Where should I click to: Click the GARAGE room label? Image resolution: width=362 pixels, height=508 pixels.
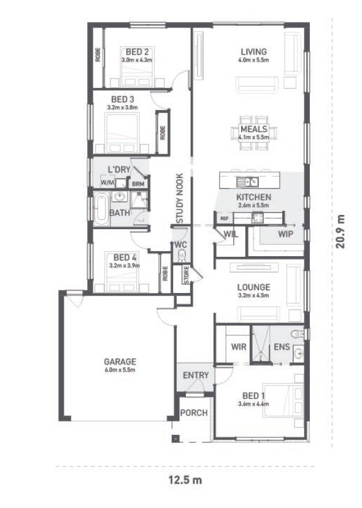(120, 361)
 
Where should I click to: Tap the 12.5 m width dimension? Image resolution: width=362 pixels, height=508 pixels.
(185, 480)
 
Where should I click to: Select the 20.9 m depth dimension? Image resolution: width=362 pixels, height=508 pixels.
(340, 232)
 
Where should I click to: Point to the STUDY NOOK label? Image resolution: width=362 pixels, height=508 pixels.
(180, 198)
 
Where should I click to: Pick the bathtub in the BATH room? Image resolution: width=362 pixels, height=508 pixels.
(102, 209)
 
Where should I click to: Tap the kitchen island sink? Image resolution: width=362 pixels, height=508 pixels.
(247, 182)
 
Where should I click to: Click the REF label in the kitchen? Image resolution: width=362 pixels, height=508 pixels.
(224, 218)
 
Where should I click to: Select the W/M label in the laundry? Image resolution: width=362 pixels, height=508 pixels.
(107, 182)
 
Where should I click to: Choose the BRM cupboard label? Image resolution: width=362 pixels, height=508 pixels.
(138, 184)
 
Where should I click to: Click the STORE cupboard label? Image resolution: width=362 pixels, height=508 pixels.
(187, 275)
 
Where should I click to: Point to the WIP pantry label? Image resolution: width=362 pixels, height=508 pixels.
(285, 233)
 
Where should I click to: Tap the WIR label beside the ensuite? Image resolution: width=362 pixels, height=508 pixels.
(239, 346)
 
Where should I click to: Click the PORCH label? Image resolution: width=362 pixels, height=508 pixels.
(194, 413)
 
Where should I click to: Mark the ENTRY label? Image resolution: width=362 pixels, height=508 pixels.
(196, 375)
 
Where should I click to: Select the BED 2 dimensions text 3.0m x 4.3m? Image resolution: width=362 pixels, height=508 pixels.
(137, 60)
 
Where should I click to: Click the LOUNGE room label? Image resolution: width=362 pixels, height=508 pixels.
(253, 287)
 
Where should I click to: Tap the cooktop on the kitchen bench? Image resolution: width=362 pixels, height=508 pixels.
(258, 217)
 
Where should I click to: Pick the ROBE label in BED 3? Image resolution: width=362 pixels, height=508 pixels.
(163, 133)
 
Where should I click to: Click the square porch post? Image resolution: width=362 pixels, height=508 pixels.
(175, 439)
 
